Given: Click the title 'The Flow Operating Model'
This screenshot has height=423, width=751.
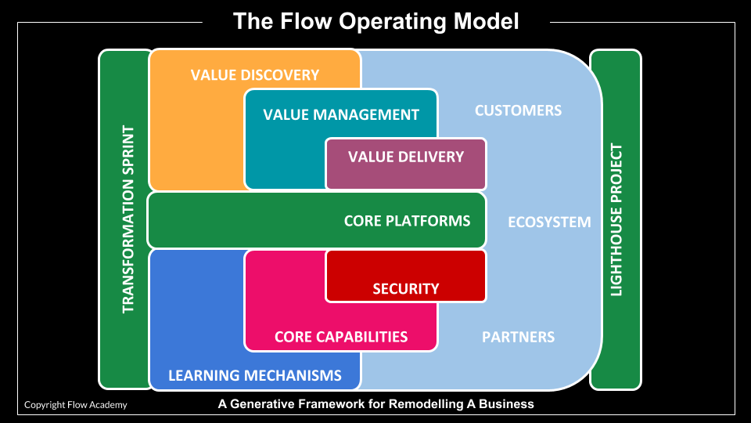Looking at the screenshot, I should (375, 21).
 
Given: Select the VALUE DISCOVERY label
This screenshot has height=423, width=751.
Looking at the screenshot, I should (255, 75).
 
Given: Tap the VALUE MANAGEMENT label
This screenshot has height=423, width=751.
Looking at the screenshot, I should (341, 114).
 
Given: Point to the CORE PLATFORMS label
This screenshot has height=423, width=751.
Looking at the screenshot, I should (407, 221).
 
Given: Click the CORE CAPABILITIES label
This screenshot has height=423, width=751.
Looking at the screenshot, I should (341, 337).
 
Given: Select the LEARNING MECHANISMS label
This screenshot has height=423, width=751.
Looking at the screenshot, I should (255, 375).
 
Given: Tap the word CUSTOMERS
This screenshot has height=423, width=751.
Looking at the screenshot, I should (518, 110).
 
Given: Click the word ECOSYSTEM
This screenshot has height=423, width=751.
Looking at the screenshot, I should (549, 222).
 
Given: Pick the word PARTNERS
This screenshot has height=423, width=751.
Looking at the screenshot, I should (518, 337).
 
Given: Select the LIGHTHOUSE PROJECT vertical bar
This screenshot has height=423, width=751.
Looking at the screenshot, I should (616, 219).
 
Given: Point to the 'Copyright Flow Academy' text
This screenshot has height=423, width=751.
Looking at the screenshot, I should (75, 405).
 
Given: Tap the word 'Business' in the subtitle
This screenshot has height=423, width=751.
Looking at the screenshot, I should (508, 404).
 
